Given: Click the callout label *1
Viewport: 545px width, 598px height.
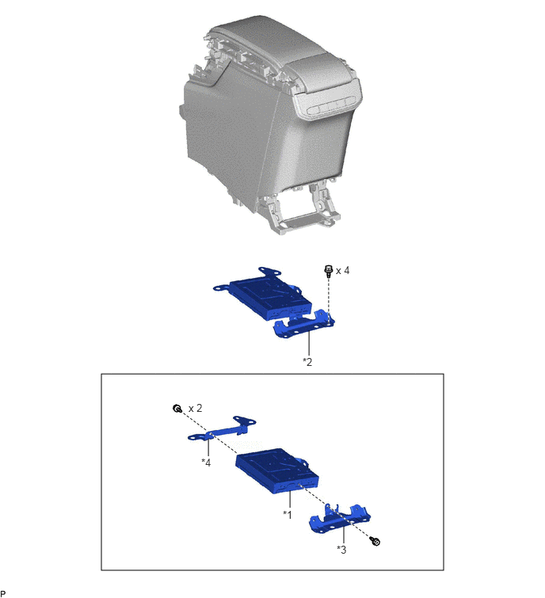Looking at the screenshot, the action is click(288, 515).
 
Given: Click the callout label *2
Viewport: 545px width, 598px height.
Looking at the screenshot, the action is click(307, 362).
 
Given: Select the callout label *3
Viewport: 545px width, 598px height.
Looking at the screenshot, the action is click(341, 550).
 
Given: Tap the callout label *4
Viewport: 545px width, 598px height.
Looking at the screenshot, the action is click(206, 463).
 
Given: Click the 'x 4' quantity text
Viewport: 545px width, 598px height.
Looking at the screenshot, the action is click(342, 270).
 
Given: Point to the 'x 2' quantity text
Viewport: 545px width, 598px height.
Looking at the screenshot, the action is click(196, 409).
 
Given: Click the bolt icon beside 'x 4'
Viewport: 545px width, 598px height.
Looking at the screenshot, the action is click(328, 271).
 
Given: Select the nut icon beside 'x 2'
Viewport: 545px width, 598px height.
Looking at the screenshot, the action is click(177, 409).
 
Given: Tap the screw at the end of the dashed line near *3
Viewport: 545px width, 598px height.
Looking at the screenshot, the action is click(375, 541).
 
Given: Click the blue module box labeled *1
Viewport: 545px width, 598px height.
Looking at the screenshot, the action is click(277, 470).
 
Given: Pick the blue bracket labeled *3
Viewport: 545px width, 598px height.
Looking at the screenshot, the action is click(339, 520).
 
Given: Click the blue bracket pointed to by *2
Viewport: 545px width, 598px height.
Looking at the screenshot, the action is click(304, 326).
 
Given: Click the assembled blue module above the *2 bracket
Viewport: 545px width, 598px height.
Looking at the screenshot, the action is click(262, 295).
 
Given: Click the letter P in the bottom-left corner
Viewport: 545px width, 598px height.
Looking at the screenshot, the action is click(2, 593).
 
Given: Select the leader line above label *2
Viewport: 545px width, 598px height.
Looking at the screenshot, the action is click(309, 344).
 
